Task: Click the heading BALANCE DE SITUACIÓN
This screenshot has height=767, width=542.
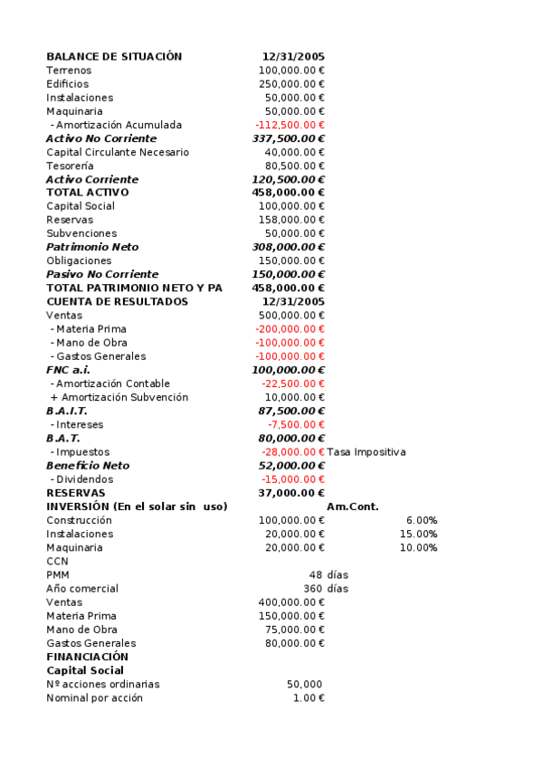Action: [114, 56]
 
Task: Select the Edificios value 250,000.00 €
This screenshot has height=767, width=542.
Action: [291, 84]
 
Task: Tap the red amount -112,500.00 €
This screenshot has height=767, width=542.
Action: [290, 125]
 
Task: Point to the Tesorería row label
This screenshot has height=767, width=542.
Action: [70, 166]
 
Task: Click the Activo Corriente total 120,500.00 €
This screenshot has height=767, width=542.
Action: [288, 179]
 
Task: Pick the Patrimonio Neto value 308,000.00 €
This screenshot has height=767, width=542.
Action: [288, 247]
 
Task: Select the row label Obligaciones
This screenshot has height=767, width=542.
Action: [79, 260]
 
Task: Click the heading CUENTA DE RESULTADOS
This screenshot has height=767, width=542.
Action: [118, 301]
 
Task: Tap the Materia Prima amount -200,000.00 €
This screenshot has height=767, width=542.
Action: [290, 329]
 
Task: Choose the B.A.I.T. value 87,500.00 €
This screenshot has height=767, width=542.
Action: [291, 411]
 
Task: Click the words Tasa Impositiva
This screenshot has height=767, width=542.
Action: [366, 452]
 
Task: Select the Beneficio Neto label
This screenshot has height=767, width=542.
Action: [88, 466]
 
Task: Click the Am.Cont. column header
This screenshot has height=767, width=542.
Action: [353, 507]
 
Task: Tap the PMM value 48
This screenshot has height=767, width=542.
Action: [315, 575]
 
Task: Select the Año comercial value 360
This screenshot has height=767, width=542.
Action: [313, 589]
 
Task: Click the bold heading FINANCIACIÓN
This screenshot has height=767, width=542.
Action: [87, 657]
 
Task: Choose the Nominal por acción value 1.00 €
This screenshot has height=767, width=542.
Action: [309, 698]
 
